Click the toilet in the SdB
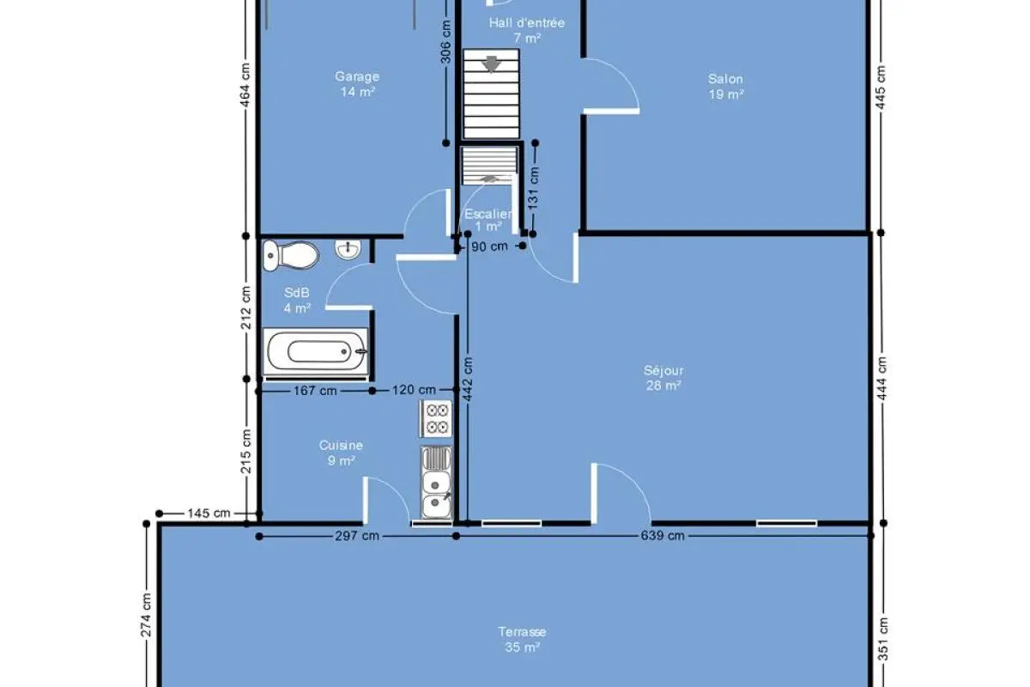291,255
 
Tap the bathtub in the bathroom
316,352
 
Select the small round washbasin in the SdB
348,250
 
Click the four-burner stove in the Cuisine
436,418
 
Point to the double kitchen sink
436,483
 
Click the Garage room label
357,76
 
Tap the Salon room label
725,79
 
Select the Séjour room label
663,370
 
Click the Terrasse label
523,632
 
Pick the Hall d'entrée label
527,23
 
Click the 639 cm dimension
663,536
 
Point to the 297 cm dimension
357,536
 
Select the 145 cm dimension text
209,513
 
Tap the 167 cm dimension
316,391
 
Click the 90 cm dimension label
490,246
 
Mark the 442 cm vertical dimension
468,380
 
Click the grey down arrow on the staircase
491,64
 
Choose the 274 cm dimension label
146,615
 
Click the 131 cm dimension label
533,188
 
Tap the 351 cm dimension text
883,639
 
